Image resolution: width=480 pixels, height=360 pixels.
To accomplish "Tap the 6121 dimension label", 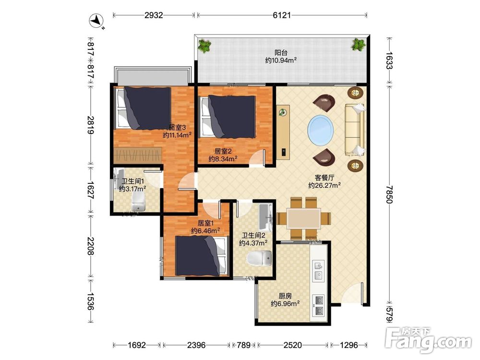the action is coord(282,15).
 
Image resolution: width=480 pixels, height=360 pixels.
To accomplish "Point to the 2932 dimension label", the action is coord(154,15).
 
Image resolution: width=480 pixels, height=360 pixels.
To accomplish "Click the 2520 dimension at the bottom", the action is coord(292,345).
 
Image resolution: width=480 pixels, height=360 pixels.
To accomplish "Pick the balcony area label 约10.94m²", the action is coord(281,60).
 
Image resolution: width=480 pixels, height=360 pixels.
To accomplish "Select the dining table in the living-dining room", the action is coord(304,218).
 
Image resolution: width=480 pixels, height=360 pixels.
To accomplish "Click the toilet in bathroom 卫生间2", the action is coord(259,258).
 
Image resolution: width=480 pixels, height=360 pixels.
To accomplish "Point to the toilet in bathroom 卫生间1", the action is coord(138,201).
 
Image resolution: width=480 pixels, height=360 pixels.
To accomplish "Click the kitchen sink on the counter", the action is coord(318,270).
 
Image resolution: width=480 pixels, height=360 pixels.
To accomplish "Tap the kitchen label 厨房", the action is coord(285,296).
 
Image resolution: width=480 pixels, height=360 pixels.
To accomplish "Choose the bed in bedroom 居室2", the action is coord(228,117).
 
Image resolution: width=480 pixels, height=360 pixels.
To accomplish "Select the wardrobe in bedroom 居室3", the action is coord(137,156).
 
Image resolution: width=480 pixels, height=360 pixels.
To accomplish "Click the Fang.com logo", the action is coord(428,339).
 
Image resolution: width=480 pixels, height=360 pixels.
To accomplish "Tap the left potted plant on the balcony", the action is coord(204,46).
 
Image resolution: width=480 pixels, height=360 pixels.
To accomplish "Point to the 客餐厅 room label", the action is coord(324,178).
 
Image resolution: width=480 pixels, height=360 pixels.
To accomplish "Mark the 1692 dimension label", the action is coord(136,345).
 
